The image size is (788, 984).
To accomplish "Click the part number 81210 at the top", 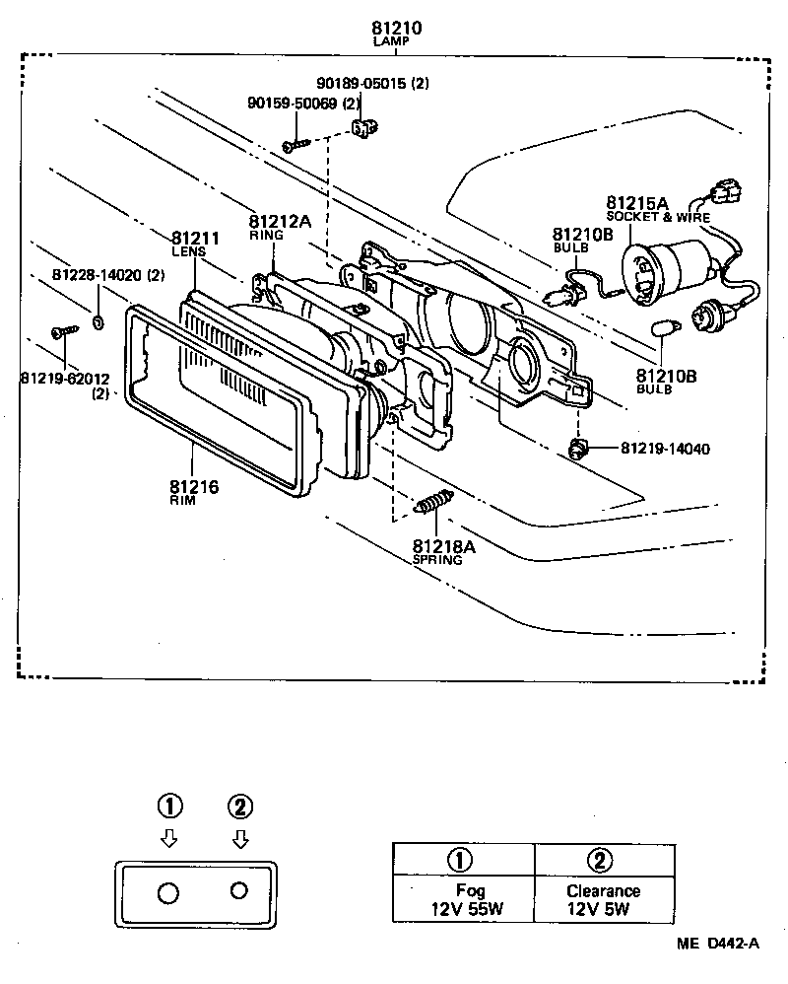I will click(397, 29).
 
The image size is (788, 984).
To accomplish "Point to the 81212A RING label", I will click(280, 227).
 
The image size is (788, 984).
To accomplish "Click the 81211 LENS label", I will click(194, 244).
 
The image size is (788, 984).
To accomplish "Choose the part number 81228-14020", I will click(107, 275).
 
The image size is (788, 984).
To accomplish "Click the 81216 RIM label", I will click(193, 492).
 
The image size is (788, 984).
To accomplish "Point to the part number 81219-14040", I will click(664, 450).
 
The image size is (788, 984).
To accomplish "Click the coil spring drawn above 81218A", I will click(432, 503).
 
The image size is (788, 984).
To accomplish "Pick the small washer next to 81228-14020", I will click(99, 321).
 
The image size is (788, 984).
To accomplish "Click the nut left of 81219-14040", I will click(578, 450).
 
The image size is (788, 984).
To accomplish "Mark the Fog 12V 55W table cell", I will click(463, 899).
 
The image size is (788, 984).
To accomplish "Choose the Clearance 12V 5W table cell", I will click(603, 899).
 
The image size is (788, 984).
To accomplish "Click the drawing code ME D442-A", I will click(717, 944).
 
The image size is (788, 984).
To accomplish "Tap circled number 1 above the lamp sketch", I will click(169, 807).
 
